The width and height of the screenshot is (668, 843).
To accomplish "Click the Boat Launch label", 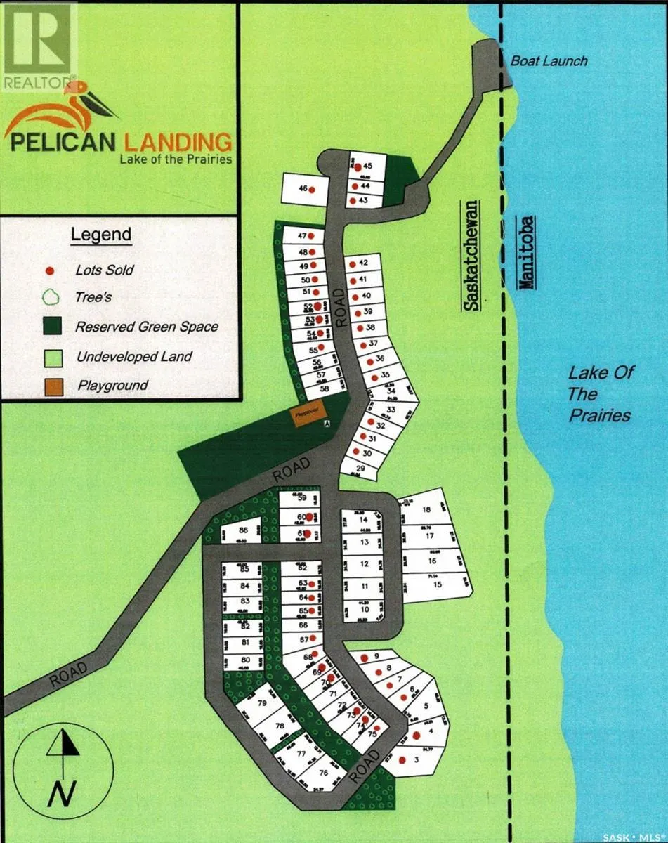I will [x=549, y=61].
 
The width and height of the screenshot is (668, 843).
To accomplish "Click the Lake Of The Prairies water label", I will [x=598, y=393].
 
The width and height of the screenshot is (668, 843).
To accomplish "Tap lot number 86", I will [x=243, y=531].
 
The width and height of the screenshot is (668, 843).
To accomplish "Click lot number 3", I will [x=416, y=760].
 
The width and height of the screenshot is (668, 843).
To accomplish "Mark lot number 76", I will [x=323, y=773].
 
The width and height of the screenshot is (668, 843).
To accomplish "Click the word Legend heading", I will [x=101, y=234].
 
